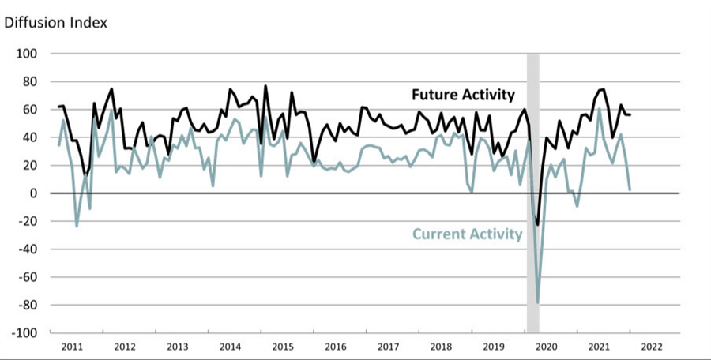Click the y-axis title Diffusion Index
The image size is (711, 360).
pyautogui.click(x=56, y=22)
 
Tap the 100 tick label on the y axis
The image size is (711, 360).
pyautogui.click(x=27, y=54)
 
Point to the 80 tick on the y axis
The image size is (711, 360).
pyautogui.click(x=30, y=81)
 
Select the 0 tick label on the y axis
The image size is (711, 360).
pyautogui.click(x=34, y=193)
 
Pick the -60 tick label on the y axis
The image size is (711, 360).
pyautogui.click(x=27, y=277)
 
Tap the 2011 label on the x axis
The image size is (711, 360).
pyautogui.click(x=73, y=347)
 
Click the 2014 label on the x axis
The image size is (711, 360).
pyautogui.click(x=230, y=347)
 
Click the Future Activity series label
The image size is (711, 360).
pyautogui.click(x=463, y=95)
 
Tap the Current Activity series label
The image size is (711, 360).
pyautogui.click(x=467, y=234)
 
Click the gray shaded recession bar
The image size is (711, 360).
pyautogui.click(x=533, y=189)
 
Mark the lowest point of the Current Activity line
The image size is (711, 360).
pyautogui.click(x=538, y=302)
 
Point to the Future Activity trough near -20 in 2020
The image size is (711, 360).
pyautogui.click(x=538, y=225)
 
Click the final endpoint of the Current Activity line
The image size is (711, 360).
pyautogui.click(x=630, y=189)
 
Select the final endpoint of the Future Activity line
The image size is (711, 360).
pyautogui.click(x=630, y=115)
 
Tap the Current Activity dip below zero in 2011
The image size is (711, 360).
pyautogui.click(x=77, y=226)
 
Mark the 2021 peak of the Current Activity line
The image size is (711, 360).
pyautogui.click(x=599, y=109)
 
